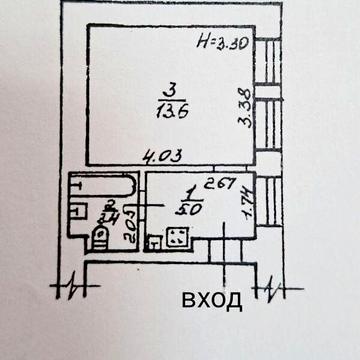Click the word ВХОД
click(211, 300)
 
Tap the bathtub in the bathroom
click(97, 187)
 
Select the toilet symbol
click(99, 235)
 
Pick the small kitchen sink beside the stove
click(154, 241)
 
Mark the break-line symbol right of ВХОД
click(272, 290)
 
